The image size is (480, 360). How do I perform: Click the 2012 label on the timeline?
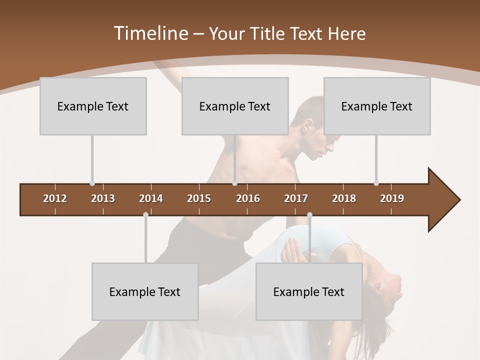pyautogui.click(x=55, y=198)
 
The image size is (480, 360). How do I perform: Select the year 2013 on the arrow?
pyautogui.click(x=103, y=198)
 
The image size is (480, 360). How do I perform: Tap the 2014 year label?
pyautogui.click(x=151, y=198)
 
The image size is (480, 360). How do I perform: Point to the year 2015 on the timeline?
pyautogui.click(x=199, y=198)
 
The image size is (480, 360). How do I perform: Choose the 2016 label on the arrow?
pyautogui.click(x=248, y=198)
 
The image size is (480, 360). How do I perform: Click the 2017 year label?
pyautogui.click(x=296, y=198)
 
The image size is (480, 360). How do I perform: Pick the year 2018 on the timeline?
pyautogui.click(x=344, y=198)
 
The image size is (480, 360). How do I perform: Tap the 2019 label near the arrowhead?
pyautogui.click(x=392, y=198)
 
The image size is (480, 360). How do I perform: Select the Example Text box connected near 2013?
pyautogui.click(x=93, y=106)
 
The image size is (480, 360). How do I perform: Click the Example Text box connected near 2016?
pyautogui.click(x=235, y=106)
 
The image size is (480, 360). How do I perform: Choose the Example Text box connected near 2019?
pyautogui.click(x=377, y=106)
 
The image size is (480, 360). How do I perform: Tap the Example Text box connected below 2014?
pyautogui.click(x=145, y=292)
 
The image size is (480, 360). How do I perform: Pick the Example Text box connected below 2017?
pyautogui.click(x=309, y=292)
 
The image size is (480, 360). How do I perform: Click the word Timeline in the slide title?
pyautogui.click(x=150, y=33)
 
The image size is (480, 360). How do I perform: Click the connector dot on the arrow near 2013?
pyautogui.click(x=92, y=183)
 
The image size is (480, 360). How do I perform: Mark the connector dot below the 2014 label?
pyautogui.click(x=145, y=215)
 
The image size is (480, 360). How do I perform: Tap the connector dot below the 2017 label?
pyautogui.click(x=309, y=215)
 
